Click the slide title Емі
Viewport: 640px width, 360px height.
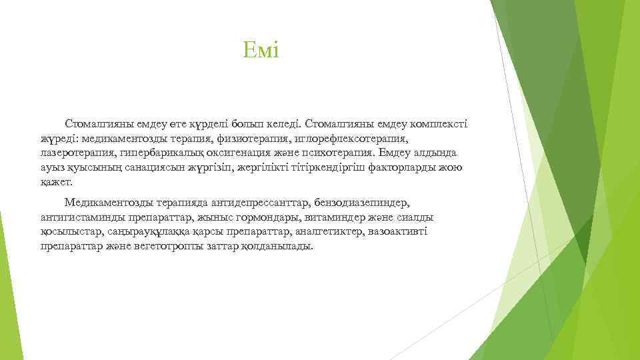point(261,50)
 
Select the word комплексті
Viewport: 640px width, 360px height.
point(436,124)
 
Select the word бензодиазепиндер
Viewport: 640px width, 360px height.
point(361,203)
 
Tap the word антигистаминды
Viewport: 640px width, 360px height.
point(80,217)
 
